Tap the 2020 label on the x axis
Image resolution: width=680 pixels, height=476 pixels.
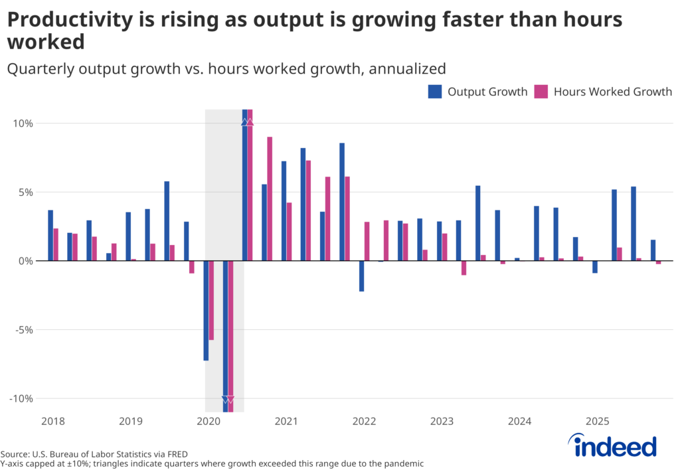[208, 421]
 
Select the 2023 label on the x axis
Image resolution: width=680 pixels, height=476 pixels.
[442, 421]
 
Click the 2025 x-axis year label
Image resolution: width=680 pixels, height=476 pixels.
[598, 421]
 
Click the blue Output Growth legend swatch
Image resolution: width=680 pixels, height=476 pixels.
[435, 92]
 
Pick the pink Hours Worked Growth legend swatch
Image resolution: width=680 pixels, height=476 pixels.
[541, 92]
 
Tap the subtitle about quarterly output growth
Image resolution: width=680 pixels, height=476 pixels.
[226, 68]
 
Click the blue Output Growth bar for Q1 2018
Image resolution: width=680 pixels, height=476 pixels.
[50, 236]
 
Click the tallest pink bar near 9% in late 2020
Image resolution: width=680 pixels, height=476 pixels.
[270, 198]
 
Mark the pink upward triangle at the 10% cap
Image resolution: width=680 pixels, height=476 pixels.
[250, 121]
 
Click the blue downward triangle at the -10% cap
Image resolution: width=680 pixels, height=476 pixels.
[225, 400]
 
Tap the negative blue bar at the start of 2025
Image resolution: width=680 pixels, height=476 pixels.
[595, 267]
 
